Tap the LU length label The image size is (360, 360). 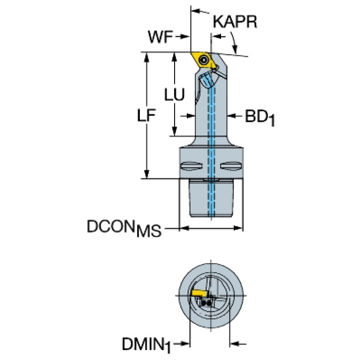click(x=174, y=94)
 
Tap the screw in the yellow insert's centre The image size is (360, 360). click(x=203, y=61)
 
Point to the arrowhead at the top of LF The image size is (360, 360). click(x=147, y=55)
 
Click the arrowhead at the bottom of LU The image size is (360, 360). click(x=175, y=132)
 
